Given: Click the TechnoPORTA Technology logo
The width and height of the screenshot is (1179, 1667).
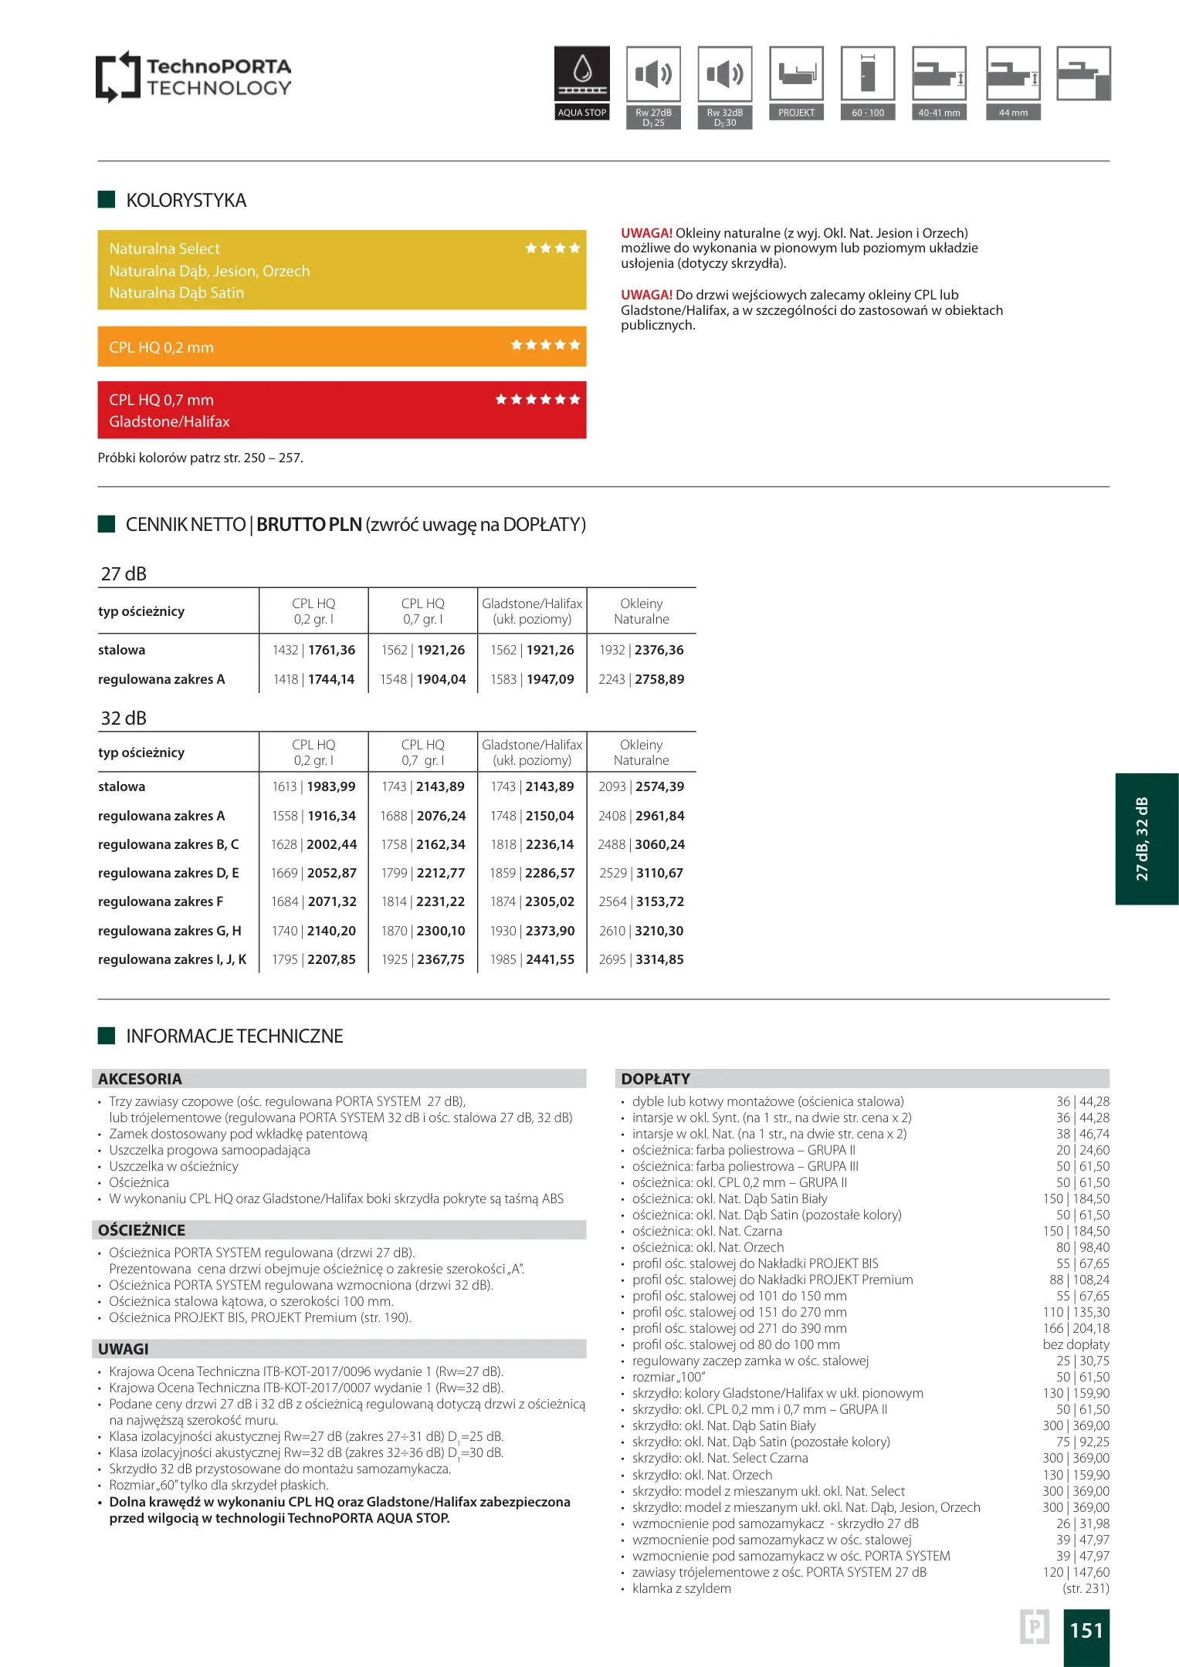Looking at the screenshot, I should (193, 76).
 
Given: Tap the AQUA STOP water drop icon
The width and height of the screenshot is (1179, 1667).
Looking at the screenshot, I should (582, 73).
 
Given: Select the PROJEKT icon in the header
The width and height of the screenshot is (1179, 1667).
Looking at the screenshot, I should (796, 74).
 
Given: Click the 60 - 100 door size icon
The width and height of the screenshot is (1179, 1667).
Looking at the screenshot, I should (868, 74).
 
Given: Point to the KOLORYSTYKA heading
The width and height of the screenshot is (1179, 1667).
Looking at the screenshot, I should (186, 201).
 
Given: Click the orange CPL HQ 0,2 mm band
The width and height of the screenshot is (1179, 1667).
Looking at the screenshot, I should (341, 347).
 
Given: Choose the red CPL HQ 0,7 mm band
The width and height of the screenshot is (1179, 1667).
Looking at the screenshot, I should (341, 410).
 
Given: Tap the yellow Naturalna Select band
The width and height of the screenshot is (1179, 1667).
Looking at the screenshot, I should (341, 270).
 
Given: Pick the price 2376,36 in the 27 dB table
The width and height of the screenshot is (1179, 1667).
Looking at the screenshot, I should (659, 650).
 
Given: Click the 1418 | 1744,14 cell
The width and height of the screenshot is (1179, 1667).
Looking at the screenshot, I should (313, 679).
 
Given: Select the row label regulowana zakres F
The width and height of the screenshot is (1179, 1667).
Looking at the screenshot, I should (161, 901).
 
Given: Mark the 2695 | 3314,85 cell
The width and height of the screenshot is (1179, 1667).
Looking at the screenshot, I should (641, 959).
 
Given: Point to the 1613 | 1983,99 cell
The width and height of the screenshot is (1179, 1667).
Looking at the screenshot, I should (313, 786).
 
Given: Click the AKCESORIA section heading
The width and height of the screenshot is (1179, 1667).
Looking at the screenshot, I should (141, 1079).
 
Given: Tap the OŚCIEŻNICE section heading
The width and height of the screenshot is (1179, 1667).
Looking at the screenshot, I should (142, 1230).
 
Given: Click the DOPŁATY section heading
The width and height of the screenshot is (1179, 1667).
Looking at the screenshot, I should (656, 1079).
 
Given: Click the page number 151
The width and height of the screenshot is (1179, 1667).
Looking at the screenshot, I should (1086, 1630).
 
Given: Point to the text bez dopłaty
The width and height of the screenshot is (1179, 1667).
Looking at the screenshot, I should (1076, 1344).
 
